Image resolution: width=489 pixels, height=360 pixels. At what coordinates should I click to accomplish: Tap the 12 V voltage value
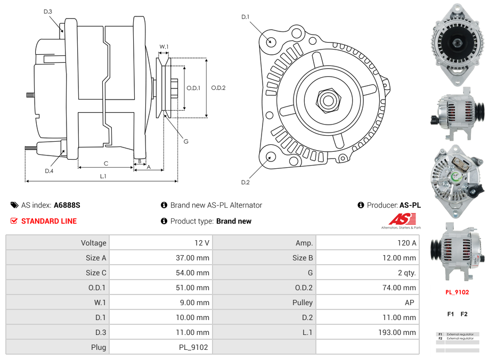coord(202,243)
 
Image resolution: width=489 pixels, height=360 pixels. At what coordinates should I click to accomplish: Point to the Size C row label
coord(96,273)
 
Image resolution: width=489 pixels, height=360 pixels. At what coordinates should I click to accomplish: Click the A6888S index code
coord(67,205)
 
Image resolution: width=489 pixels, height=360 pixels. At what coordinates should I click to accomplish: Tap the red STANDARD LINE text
coord(49,221)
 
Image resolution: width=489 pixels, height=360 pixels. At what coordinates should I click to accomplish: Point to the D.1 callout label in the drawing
coord(245,17)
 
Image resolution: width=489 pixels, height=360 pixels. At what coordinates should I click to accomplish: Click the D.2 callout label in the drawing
coord(245,182)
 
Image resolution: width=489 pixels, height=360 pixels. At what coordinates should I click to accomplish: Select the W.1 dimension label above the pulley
coord(164,47)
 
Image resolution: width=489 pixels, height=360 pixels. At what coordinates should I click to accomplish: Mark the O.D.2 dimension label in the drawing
coord(218,88)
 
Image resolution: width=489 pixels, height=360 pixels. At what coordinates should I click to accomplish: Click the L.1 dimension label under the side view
coord(103,176)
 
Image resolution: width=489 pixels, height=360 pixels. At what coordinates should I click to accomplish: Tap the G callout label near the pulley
coord(186,141)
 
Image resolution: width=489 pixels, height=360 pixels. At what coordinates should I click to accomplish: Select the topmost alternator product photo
coord(457,45)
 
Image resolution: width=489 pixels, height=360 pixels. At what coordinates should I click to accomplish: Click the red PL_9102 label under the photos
coord(457,292)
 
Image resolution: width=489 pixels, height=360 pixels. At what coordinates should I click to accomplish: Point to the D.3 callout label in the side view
coord(47,11)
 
